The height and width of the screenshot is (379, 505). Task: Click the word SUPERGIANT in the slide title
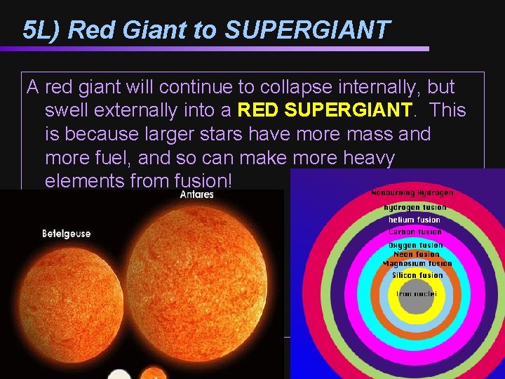click(307, 29)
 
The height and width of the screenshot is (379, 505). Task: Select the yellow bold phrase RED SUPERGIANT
click(325, 110)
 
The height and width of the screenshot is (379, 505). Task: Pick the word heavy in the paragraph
click(368, 157)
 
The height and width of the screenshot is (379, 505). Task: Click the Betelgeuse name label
click(67, 233)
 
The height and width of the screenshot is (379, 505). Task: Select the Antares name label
click(196, 194)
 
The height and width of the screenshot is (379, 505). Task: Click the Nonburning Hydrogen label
click(412, 192)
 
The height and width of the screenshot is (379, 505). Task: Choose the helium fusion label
click(415, 220)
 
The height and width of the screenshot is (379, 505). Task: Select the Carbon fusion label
click(415, 232)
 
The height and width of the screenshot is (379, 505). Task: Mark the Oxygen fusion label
click(415, 246)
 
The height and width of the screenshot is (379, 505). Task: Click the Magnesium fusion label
click(417, 264)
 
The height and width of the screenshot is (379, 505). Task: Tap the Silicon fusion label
click(417, 276)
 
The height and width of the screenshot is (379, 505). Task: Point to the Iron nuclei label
click(417, 294)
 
